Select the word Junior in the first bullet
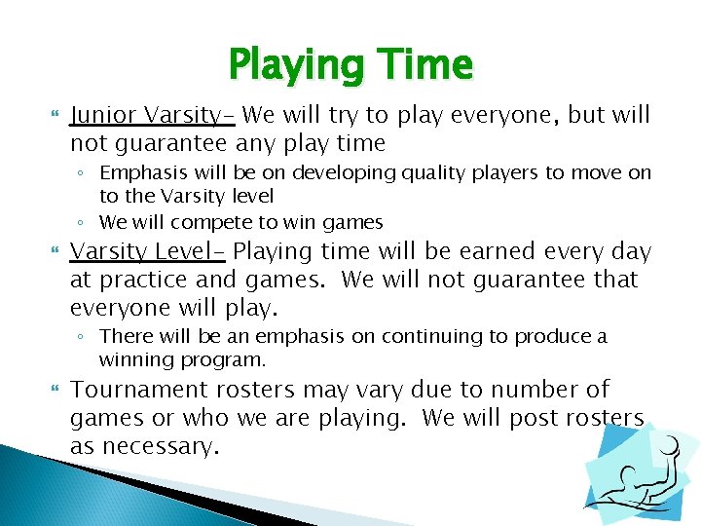(x=104, y=115)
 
